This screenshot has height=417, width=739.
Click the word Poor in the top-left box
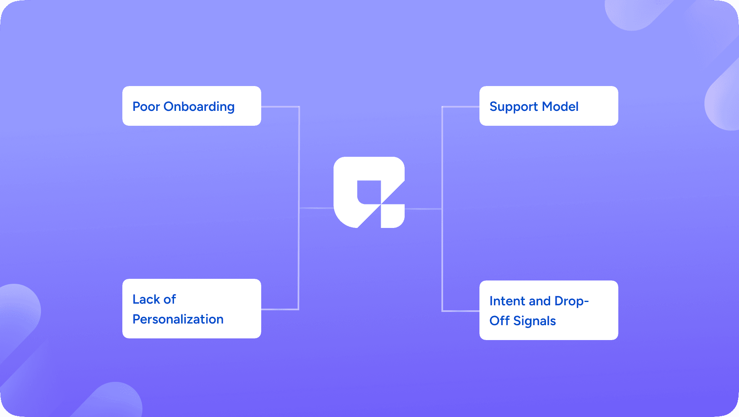(x=146, y=107)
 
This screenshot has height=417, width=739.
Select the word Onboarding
(x=199, y=107)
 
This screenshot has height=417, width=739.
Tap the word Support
(x=514, y=107)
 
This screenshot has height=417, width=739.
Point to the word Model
(x=560, y=107)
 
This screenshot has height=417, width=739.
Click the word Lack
(x=146, y=299)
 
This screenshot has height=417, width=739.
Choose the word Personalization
(x=178, y=319)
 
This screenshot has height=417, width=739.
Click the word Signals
(x=534, y=321)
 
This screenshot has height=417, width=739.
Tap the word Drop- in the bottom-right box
(x=572, y=301)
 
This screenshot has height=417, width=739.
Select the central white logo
(x=369, y=192)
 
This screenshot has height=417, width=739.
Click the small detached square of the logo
(x=393, y=216)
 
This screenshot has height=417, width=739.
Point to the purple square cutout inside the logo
(x=369, y=192)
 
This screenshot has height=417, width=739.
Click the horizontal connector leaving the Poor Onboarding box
(x=280, y=107)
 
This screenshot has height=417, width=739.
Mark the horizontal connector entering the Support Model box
(x=460, y=107)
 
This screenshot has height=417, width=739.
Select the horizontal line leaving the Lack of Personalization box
(x=280, y=309)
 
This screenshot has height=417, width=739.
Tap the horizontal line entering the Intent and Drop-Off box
(x=460, y=311)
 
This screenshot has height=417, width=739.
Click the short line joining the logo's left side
(x=316, y=208)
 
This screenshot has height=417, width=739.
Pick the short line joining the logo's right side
(x=423, y=209)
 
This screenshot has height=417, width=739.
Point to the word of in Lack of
(x=169, y=299)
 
